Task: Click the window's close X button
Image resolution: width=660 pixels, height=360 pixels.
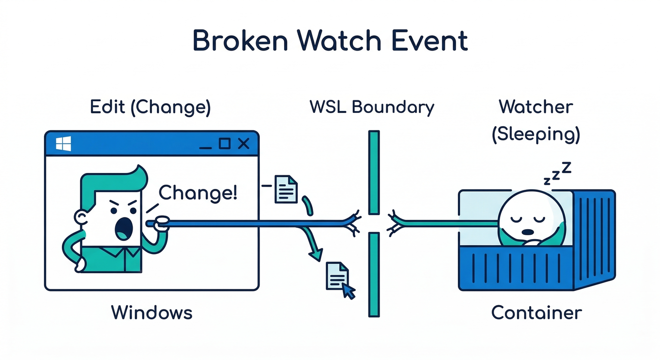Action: tap(243, 143)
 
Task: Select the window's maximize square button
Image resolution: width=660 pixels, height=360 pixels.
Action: tap(225, 143)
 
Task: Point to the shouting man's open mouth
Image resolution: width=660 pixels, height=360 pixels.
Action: tap(123, 228)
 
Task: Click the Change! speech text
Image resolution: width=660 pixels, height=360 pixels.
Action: tap(198, 193)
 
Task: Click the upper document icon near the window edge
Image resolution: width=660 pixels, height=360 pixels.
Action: tap(286, 189)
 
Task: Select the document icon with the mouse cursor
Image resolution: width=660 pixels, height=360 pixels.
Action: tap(337, 276)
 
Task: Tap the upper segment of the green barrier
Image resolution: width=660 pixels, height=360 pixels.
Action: tap(374, 172)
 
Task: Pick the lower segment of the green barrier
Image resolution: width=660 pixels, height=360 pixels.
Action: tap(373, 275)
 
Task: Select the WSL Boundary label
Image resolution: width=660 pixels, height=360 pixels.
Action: tap(372, 107)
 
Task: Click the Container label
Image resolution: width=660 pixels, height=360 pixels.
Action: tap(536, 313)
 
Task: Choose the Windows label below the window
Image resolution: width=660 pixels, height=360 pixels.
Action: tap(151, 313)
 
